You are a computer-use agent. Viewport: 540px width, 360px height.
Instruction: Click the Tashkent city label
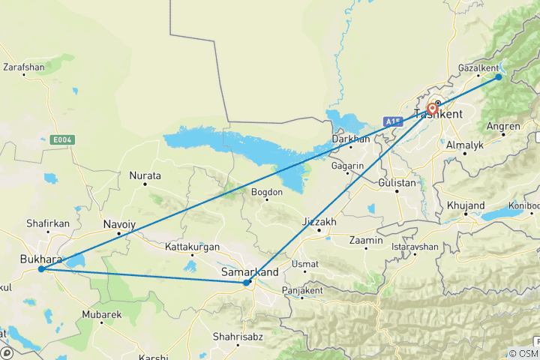tap(439, 115)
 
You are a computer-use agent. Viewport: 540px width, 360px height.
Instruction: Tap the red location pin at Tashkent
tap(433, 109)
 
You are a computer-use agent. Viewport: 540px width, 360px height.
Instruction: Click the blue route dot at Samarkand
tap(247, 283)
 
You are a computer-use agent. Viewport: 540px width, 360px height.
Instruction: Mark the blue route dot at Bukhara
tap(41, 269)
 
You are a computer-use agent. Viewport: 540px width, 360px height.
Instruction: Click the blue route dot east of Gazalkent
tap(499, 76)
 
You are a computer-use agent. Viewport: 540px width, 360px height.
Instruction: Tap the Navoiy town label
tap(119, 224)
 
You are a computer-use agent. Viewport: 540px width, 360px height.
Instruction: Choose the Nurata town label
tap(145, 175)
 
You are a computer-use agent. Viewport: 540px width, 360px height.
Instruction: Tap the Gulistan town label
tap(397, 182)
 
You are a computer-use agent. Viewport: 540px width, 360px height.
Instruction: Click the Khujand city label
tap(466, 205)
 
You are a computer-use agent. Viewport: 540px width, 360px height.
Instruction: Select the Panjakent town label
tap(301, 290)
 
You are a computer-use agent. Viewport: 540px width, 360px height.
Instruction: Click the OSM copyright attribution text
tap(523, 353)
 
